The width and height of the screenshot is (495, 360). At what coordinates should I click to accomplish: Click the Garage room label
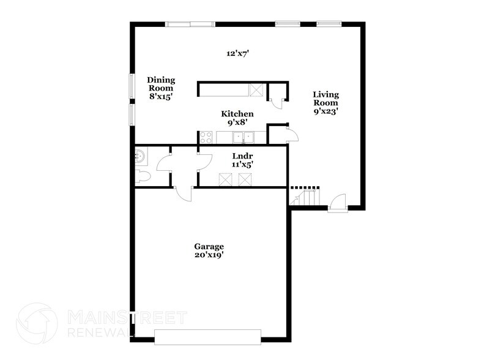click(210, 246)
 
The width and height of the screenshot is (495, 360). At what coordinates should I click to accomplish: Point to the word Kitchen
click(237, 114)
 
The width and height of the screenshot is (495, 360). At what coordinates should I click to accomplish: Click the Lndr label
click(240, 156)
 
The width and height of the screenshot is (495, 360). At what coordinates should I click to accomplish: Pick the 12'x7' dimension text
click(237, 54)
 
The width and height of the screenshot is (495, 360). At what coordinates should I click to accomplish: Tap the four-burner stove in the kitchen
click(206, 138)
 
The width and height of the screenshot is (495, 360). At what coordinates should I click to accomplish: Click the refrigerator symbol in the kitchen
click(257, 90)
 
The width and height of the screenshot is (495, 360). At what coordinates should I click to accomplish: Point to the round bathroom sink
click(140, 156)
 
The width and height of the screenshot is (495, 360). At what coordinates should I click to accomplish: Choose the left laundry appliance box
click(227, 179)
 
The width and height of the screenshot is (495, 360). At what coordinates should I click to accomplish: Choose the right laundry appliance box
click(246, 179)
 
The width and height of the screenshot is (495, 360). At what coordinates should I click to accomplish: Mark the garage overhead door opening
click(207, 336)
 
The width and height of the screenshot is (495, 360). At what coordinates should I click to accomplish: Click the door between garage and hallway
click(184, 193)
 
